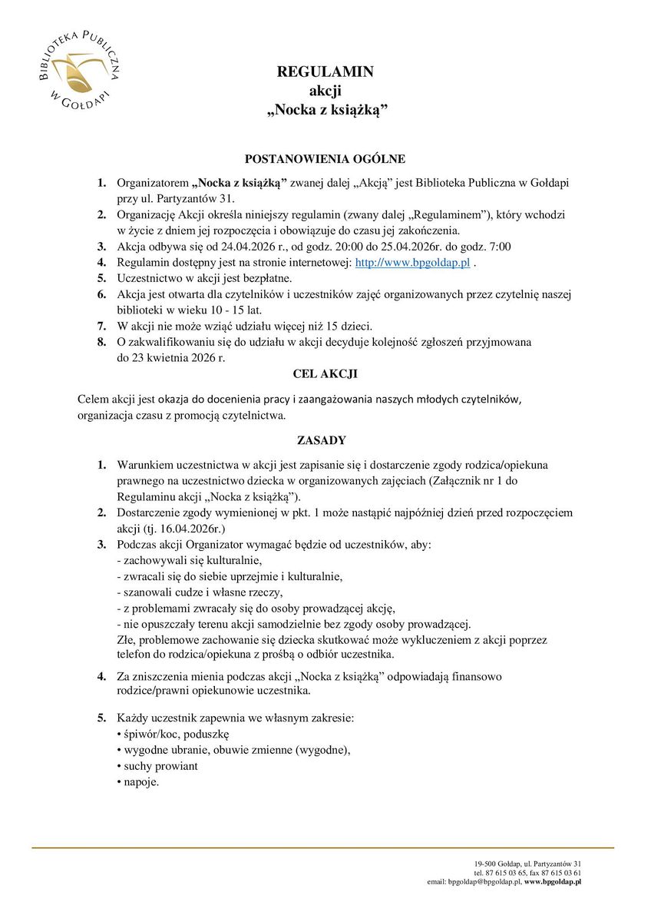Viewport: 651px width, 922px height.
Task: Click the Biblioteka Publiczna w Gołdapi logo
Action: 74,71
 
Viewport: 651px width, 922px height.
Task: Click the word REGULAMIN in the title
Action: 325,72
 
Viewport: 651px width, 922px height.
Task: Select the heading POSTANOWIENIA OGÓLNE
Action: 325,159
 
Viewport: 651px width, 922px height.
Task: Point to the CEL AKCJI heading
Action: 325,374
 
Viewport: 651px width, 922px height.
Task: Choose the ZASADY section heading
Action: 321,440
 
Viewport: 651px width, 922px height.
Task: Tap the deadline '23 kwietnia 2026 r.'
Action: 182,357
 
